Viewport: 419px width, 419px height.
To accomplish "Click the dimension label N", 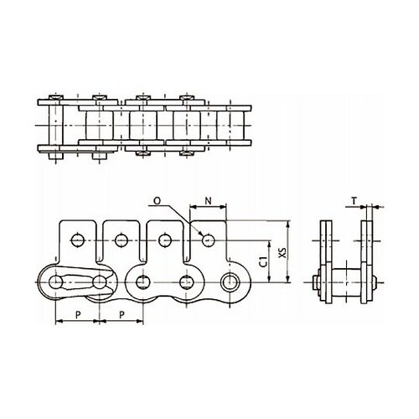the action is tap(208, 200).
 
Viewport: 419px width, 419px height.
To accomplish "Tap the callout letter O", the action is tap(158, 200).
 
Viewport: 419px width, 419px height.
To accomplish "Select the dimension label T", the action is tap(354, 200).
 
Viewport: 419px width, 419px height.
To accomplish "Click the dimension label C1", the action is tap(263, 262).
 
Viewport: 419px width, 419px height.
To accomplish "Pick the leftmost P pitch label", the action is tap(78, 315).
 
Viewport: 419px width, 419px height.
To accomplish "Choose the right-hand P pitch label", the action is tap(122, 315).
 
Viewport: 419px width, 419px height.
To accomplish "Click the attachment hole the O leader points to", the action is tap(208, 240).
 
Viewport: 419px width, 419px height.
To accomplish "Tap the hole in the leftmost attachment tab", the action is tap(77, 240).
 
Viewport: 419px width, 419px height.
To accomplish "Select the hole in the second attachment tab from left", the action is tap(121, 240).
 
